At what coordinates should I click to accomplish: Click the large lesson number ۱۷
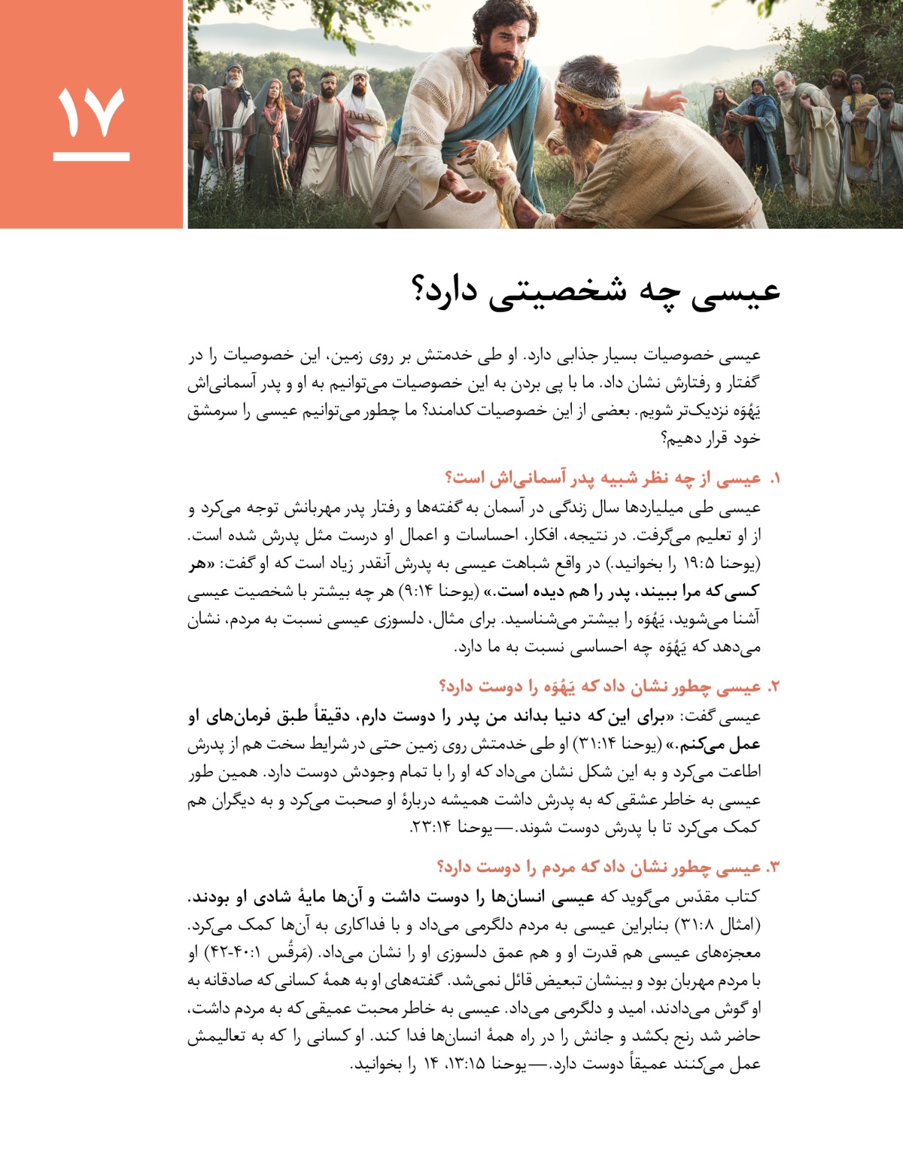91,113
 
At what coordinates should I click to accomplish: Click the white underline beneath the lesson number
91,157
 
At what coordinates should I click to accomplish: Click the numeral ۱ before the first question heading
775,479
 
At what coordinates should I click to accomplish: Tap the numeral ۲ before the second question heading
774,687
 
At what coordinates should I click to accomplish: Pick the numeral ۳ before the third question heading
774,868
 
